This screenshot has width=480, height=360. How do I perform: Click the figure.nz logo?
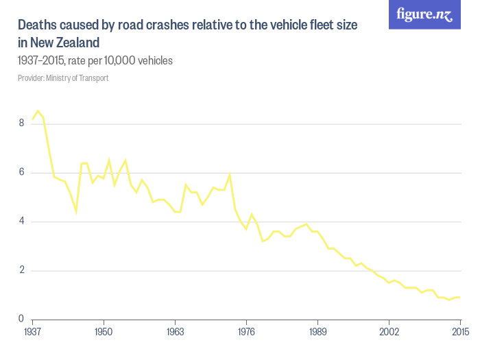point(424,14)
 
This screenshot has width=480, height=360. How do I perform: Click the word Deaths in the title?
point(38,25)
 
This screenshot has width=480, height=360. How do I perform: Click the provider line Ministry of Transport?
point(63,78)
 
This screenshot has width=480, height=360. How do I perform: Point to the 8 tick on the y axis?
point(22,123)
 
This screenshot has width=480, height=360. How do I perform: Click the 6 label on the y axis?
point(22,173)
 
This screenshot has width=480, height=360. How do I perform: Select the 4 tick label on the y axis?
point(22,221)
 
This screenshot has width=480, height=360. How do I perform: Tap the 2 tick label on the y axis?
point(22,270)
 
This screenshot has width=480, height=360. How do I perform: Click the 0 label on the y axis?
point(22,320)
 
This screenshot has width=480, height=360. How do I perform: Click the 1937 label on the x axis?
point(32,333)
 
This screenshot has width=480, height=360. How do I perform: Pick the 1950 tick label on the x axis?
point(104,333)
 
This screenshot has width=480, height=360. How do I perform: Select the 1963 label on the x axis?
point(175,333)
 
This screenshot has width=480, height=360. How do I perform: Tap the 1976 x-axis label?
point(246,333)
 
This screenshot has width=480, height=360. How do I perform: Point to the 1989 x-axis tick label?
point(317,333)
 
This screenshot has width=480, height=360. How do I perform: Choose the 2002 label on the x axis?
point(389,333)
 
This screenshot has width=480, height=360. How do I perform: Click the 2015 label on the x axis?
point(459,333)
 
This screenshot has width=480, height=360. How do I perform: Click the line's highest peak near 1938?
point(38,110)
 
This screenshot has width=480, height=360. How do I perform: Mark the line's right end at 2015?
point(459,297)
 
